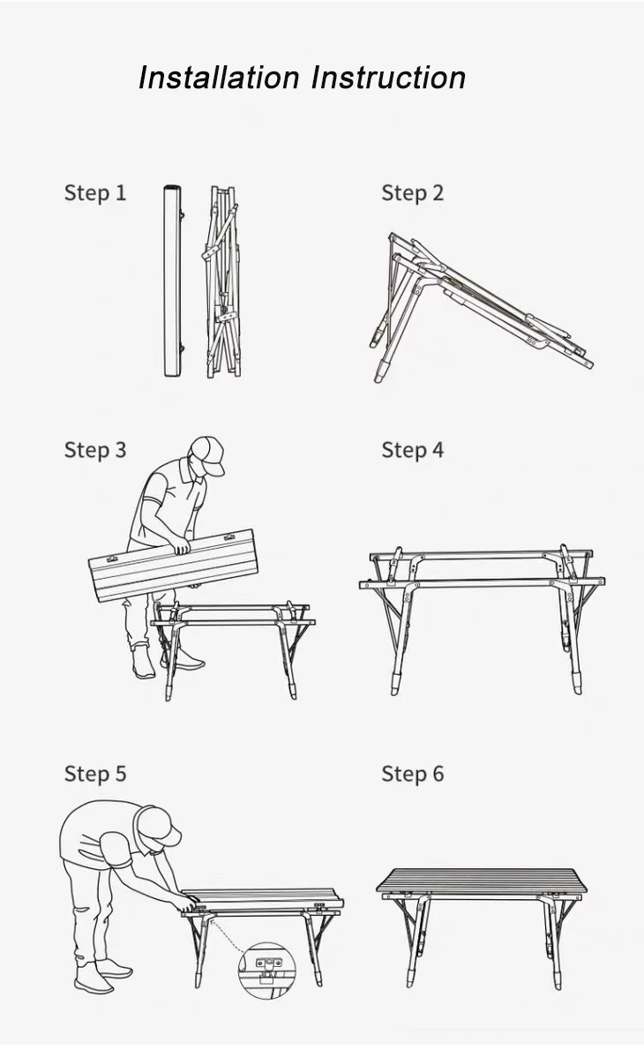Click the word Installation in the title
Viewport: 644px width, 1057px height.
click(x=219, y=78)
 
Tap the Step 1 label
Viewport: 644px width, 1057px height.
click(x=95, y=193)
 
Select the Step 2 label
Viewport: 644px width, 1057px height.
click(x=413, y=193)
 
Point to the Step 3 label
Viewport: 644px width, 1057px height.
click(x=95, y=450)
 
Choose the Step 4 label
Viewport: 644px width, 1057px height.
click(x=413, y=450)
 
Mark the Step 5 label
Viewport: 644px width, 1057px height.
click(x=95, y=774)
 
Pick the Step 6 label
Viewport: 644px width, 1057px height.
click(x=413, y=774)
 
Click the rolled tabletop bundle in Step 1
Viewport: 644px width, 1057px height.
click(x=173, y=281)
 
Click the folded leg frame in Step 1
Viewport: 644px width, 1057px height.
click(x=222, y=281)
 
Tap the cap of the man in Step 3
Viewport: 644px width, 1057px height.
click(x=208, y=454)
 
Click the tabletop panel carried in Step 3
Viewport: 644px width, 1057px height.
click(x=173, y=565)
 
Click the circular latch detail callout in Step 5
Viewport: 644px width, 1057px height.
click(x=267, y=970)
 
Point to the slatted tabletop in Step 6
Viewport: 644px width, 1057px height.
click(x=482, y=881)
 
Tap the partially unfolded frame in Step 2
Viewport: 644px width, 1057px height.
click(x=481, y=306)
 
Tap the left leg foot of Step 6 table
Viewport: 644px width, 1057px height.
click(x=411, y=978)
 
